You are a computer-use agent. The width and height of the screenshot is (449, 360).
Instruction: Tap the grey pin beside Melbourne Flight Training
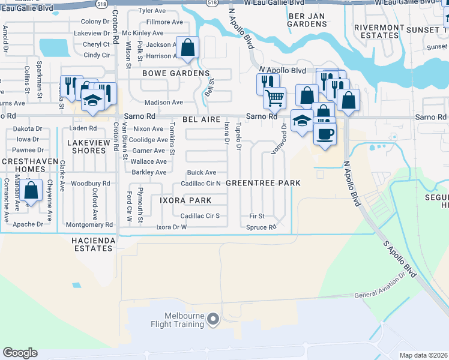coord(213,321)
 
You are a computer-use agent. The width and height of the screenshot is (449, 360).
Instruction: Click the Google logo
coord(20,353)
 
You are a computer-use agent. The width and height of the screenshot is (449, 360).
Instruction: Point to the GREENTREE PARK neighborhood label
coord(263,182)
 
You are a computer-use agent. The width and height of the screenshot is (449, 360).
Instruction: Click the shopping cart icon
coord(274,97)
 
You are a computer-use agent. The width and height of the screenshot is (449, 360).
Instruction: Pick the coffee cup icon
coord(325,133)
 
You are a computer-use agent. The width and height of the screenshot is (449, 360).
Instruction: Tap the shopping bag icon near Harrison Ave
coord(187,47)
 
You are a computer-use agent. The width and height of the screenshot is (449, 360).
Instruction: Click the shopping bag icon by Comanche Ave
coord(31,190)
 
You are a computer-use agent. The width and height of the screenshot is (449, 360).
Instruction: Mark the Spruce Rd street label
coord(261,227)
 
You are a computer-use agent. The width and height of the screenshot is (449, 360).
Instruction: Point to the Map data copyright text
coord(423,355)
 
